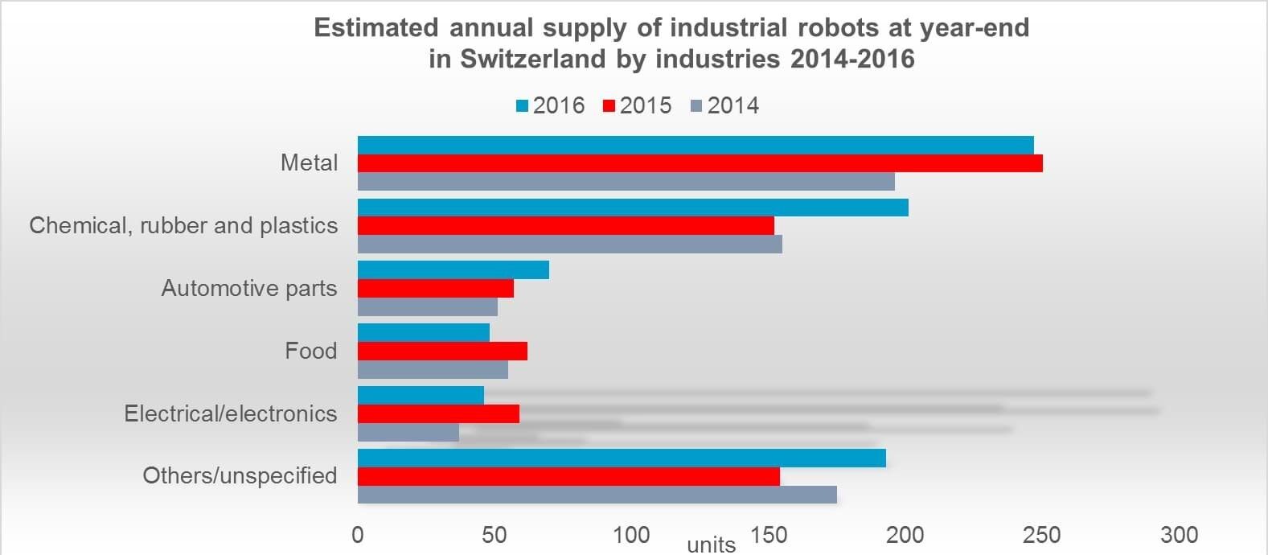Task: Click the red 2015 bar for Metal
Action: pyautogui.click(x=700, y=163)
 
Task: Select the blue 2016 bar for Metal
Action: pyautogui.click(x=696, y=145)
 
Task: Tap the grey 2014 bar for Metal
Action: pyautogui.click(x=626, y=182)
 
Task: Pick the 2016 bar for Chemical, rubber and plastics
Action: pyautogui.click(x=633, y=208)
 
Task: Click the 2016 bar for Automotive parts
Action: pyautogui.click(x=453, y=269)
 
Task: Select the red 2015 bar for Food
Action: pyautogui.click(x=442, y=351)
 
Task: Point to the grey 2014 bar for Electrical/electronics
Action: pyautogui.click(x=408, y=433)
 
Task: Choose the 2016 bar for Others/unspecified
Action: pyautogui.click(x=622, y=458)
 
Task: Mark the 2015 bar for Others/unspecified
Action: pyautogui.click(x=568, y=476)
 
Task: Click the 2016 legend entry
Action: pyautogui.click(x=551, y=105)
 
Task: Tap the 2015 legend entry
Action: pyautogui.click(x=638, y=105)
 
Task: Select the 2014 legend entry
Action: pyautogui.click(x=724, y=105)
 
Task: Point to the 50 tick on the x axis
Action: pyautogui.click(x=494, y=535)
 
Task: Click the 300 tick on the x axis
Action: pyautogui.click(x=1180, y=535)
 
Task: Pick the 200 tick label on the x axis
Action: pyautogui.click(x=905, y=535)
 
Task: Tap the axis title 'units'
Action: pyautogui.click(x=712, y=545)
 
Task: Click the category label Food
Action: pyautogui.click(x=310, y=351)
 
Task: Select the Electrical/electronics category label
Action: pyautogui.click(x=230, y=413)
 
